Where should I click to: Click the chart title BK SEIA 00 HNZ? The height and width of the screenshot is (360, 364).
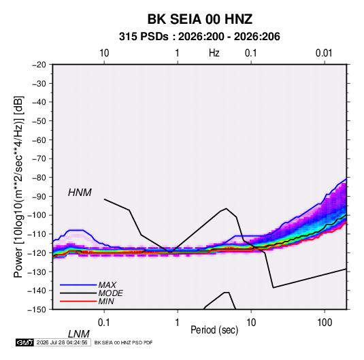click(x=199, y=19)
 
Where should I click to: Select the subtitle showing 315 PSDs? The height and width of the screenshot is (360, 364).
click(x=199, y=37)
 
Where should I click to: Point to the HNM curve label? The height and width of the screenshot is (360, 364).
click(x=80, y=193)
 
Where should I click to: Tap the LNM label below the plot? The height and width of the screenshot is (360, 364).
click(x=78, y=334)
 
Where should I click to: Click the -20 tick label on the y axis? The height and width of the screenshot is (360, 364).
click(x=39, y=65)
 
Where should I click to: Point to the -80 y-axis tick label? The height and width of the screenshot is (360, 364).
click(x=39, y=178)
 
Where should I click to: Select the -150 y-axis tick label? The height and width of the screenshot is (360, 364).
click(x=37, y=310)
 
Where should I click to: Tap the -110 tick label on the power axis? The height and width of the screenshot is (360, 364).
click(x=37, y=234)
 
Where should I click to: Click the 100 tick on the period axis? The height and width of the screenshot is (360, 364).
click(x=325, y=323)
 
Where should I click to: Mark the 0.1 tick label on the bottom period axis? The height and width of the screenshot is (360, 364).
click(x=104, y=323)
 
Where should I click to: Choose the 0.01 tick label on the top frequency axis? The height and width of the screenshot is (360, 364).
click(x=324, y=53)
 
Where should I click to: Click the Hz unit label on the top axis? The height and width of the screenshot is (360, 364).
click(x=214, y=53)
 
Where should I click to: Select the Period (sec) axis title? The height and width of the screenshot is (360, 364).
click(x=214, y=330)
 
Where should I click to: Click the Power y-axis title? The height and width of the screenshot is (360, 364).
click(x=18, y=187)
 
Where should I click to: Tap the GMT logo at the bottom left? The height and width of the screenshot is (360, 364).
click(x=24, y=342)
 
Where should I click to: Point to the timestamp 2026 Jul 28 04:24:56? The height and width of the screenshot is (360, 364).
click(x=62, y=342)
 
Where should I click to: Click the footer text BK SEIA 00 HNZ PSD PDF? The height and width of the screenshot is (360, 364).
click(x=124, y=342)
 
